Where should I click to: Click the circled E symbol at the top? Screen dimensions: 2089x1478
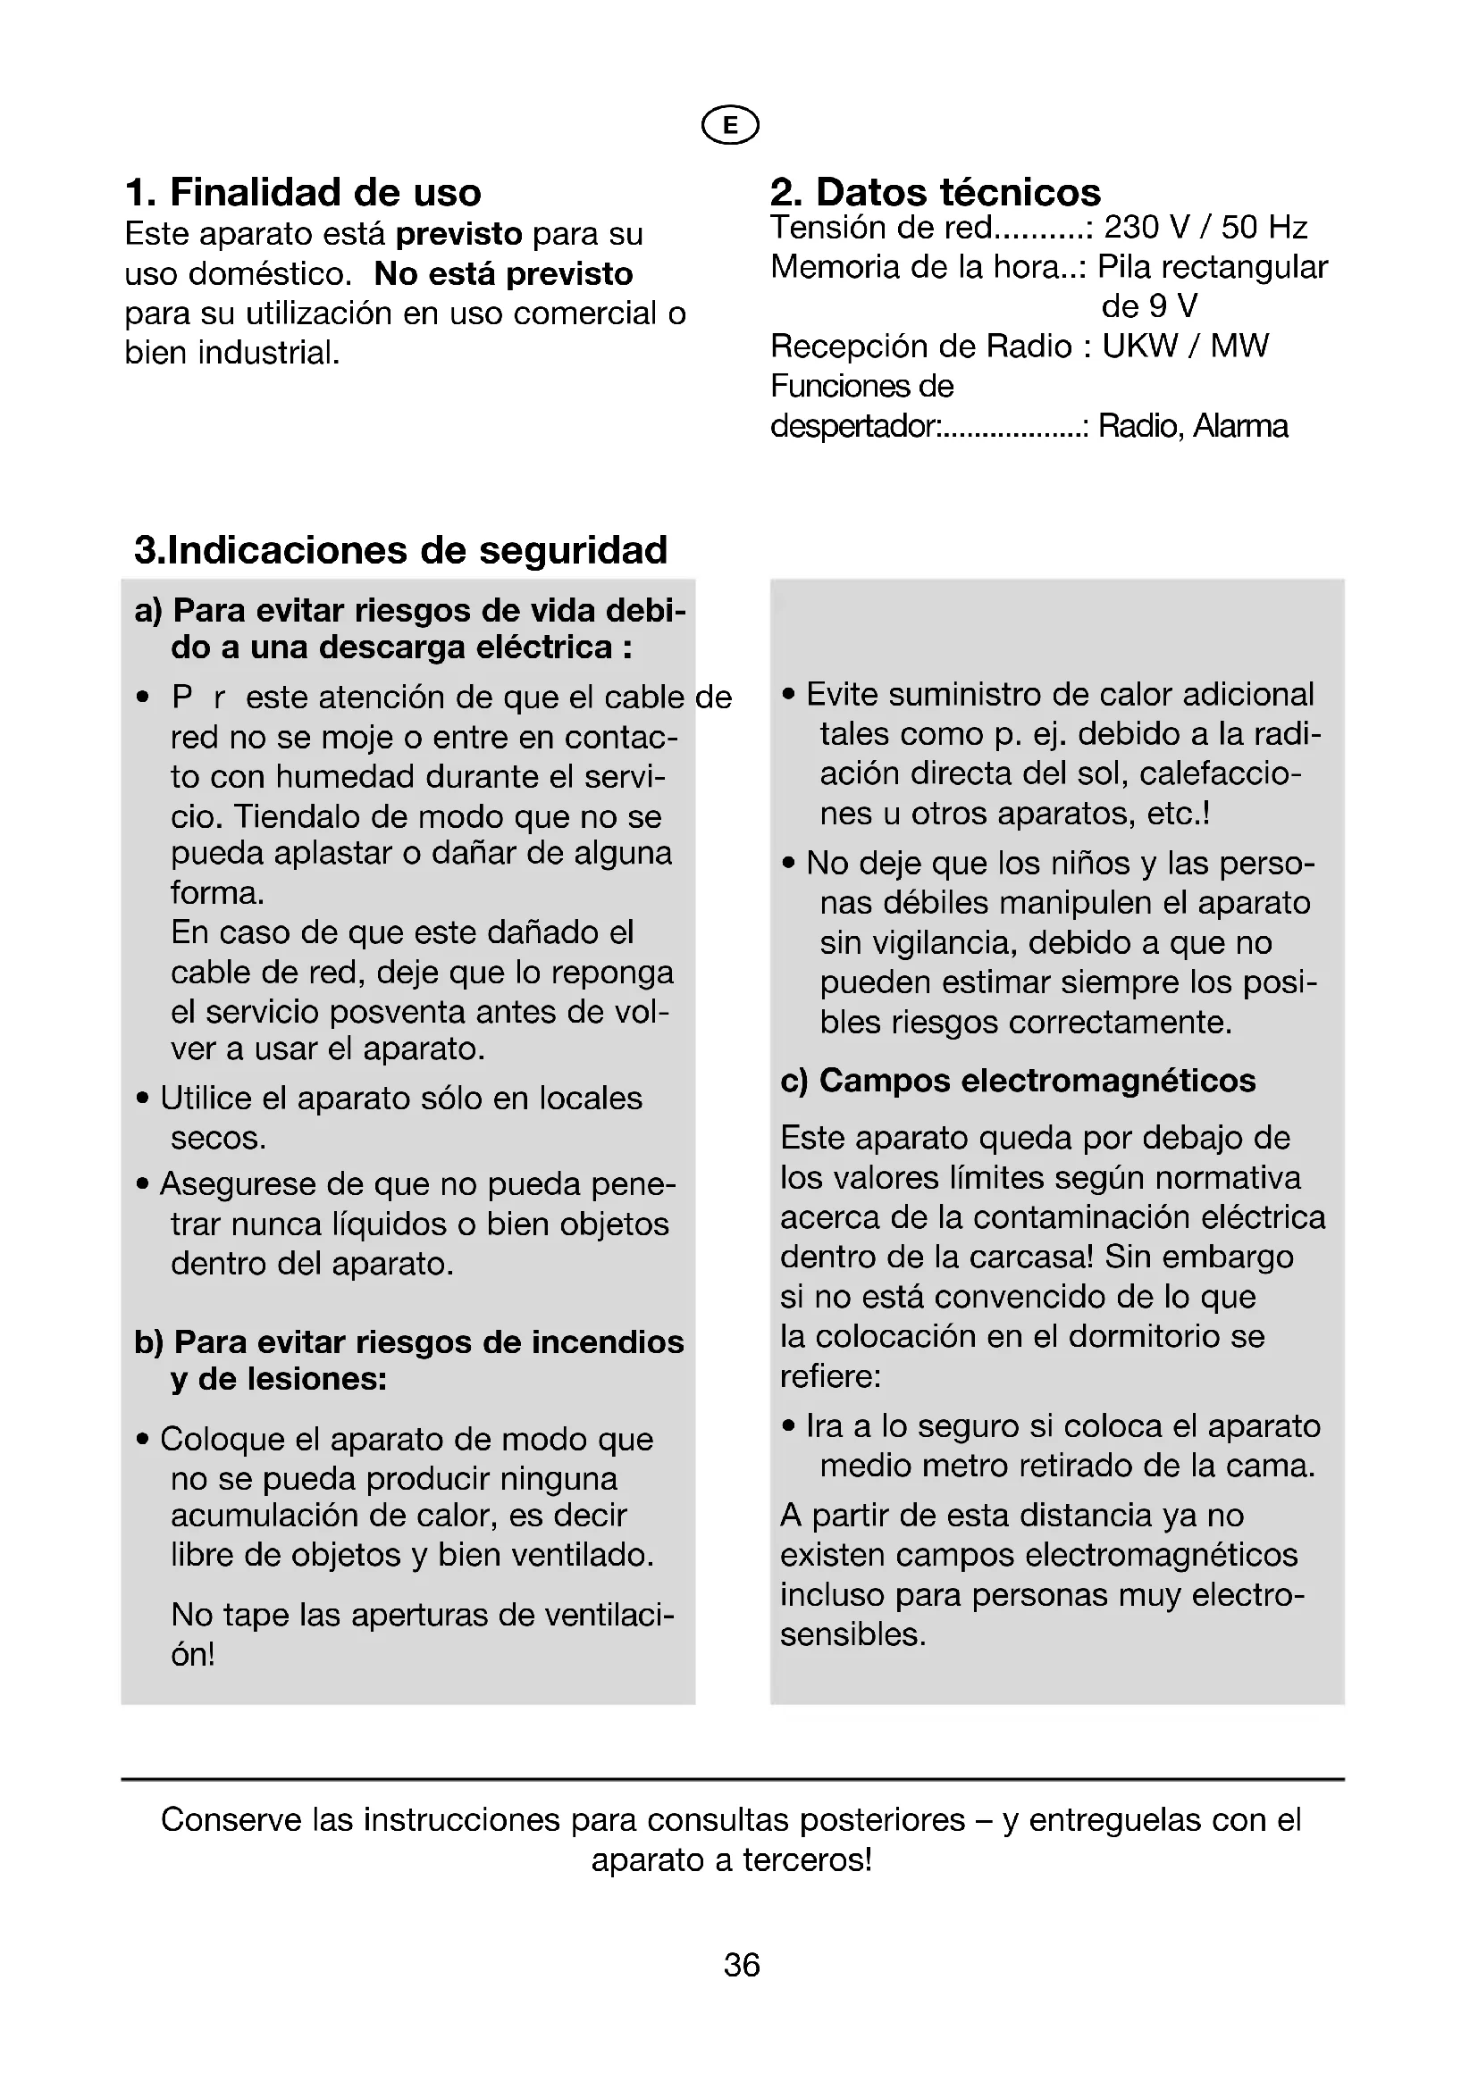[x=730, y=126]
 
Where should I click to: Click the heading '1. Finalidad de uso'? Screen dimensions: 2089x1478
[x=302, y=193]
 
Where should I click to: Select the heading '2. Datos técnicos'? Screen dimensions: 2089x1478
[x=935, y=193]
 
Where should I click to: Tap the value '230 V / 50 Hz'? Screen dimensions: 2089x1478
[x=1205, y=228]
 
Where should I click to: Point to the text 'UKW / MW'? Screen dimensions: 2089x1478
[x=1185, y=346]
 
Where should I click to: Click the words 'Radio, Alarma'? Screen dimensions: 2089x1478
[x=1192, y=426]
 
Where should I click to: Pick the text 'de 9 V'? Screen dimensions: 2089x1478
[x=1148, y=306]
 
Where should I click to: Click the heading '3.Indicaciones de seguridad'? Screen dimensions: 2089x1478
[x=400, y=550]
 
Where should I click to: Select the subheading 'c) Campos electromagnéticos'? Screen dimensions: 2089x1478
[x=1018, y=1081]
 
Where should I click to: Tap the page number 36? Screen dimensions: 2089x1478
[x=741, y=1965]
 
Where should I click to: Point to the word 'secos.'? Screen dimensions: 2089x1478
[x=218, y=1138]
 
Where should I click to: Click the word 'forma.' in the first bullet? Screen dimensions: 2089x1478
[x=217, y=892]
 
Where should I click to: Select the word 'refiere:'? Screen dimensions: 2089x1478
[x=830, y=1376]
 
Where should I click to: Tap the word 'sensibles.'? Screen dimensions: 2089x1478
[x=852, y=1635]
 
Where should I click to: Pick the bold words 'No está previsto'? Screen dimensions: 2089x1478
[x=503, y=274]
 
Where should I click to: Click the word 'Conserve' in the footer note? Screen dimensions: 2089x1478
[x=231, y=1819]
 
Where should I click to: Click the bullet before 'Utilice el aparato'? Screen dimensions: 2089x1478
[x=143, y=1099]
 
